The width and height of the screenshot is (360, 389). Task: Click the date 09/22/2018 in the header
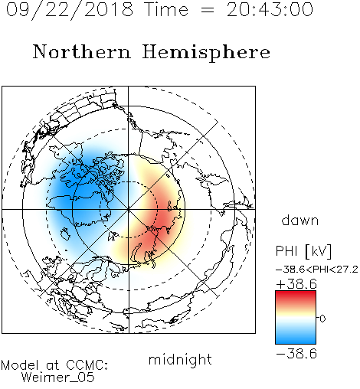(70, 10)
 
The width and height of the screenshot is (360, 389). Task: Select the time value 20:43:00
(270, 9)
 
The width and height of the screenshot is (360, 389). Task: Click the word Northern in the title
(82, 51)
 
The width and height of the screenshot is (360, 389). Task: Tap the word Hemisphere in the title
(206, 53)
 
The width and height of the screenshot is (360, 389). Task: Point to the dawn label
(300, 220)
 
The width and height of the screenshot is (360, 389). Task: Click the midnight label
(180, 359)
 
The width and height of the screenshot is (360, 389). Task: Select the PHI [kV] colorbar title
(303, 250)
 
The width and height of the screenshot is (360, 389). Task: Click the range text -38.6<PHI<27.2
(317, 270)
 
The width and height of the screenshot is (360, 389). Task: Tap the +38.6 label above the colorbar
(296, 284)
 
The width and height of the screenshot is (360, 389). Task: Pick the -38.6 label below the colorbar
(296, 354)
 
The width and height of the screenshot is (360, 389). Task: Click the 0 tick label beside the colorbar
(322, 319)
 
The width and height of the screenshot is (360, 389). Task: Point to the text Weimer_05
(58, 378)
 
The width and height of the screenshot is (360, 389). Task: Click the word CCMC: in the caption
(87, 365)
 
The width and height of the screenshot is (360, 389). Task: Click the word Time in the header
(166, 9)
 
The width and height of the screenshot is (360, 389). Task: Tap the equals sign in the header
(208, 10)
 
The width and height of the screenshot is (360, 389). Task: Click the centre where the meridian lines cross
(129, 210)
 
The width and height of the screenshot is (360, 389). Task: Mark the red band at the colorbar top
(296, 296)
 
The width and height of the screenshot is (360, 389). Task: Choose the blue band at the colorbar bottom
(296, 338)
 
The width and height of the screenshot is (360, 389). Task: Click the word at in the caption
(53, 365)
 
